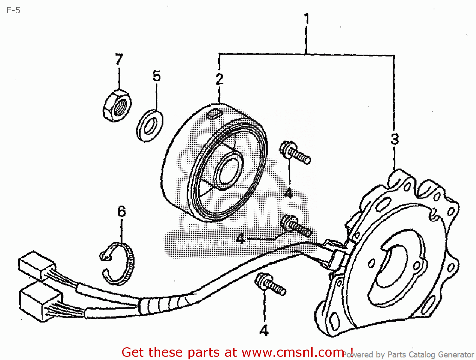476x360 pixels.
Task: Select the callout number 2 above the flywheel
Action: tap(219, 79)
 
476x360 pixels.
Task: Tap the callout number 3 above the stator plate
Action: tap(394, 139)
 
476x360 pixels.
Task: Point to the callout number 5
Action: tap(156, 76)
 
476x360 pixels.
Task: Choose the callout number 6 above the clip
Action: tap(122, 212)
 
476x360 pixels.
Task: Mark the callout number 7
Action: tap(119, 59)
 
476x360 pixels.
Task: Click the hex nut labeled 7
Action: tap(117, 106)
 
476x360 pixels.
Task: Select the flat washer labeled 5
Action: tap(150, 125)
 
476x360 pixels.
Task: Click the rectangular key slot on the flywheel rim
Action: tap(213, 114)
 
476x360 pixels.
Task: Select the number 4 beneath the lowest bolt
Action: tap(264, 331)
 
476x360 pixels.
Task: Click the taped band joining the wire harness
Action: tap(162, 304)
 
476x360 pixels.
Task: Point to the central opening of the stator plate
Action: tap(393, 266)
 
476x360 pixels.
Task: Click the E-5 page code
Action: tap(13, 10)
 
